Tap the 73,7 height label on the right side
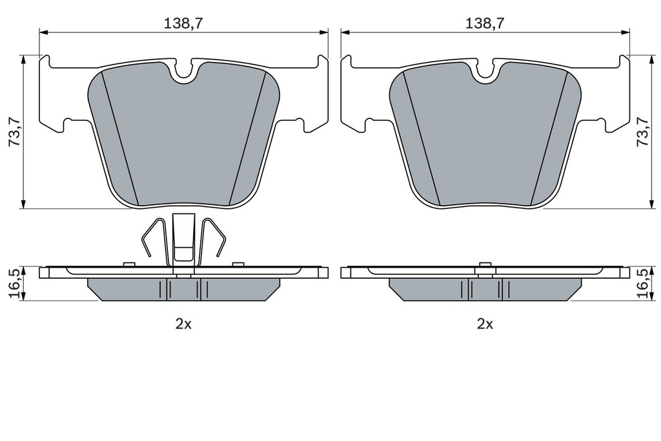[x=642, y=132]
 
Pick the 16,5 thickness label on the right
[x=642, y=283]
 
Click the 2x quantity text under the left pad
[x=183, y=325]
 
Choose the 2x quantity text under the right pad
[x=485, y=325]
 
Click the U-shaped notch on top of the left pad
[x=185, y=72]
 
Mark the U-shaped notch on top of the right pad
[x=485, y=72]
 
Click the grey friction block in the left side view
[x=129, y=289]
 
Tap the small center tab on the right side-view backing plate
[x=485, y=265]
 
